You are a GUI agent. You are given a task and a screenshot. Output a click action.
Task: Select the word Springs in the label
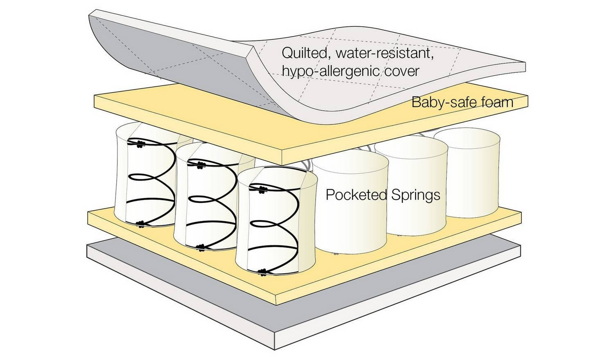(x=416, y=194)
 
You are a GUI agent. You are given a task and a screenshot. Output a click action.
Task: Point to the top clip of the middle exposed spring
(x=201, y=165)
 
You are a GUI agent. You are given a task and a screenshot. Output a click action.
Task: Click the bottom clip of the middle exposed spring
(x=201, y=246)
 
